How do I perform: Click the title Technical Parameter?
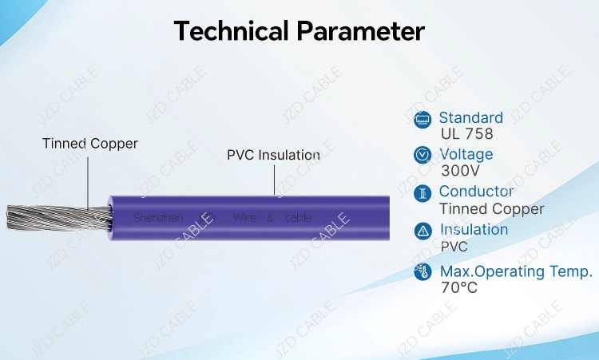click(x=299, y=31)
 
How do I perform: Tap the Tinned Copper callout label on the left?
click(x=90, y=144)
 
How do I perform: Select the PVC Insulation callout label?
click(x=273, y=155)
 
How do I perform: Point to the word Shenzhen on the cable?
click(x=158, y=217)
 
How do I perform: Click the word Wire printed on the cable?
click(x=244, y=217)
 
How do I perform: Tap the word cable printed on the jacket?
click(x=298, y=217)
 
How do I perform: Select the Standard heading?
click(x=470, y=118)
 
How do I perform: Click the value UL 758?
click(x=466, y=134)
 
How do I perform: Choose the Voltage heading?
click(x=466, y=154)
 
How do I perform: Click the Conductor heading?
click(x=476, y=192)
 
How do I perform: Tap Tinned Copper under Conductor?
click(x=491, y=209)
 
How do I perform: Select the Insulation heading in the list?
click(x=474, y=229)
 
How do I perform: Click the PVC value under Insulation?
click(x=454, y=246)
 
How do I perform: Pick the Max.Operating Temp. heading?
click(x=516, y=271)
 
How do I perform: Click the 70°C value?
click(x=458, y=287)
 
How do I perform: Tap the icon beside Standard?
click(x=422, y=119)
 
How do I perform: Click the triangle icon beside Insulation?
click(x=422, y=231)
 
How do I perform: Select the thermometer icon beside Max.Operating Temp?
click(x=422, y=272)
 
